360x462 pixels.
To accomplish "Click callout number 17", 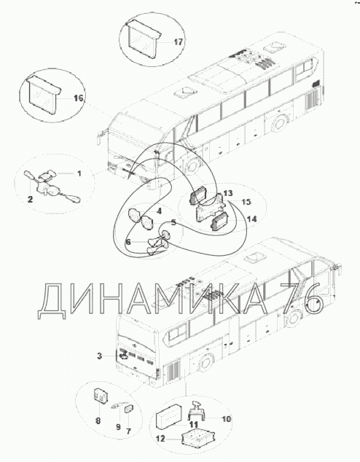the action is click(x=179, y=42).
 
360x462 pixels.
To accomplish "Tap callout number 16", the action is click(x=79, y=98).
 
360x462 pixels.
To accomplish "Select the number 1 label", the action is click(x=79, y=173).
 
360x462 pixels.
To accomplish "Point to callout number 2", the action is click(x=30, y=199).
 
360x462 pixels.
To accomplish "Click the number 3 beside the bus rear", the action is click(x=100, y=356).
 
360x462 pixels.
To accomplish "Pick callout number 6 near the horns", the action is click(x=128, y=242).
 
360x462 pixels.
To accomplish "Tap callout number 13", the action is click(x=228, y=193).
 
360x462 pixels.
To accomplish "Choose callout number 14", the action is click(x=252, y=219).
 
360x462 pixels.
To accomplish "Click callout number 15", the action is click(x=246, y=202).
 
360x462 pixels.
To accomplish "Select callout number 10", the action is click(x=226, y=419).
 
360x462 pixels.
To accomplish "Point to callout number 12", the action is click(x=160, y=439).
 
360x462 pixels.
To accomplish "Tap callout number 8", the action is click(x=98, y=420).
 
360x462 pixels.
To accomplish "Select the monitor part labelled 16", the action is click(x=44, y=94).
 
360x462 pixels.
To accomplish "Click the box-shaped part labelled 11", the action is click(x=170, y=417).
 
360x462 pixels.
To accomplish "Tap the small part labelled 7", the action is click(x=129, y=409).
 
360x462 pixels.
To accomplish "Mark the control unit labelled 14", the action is click(x=219, y=222).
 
